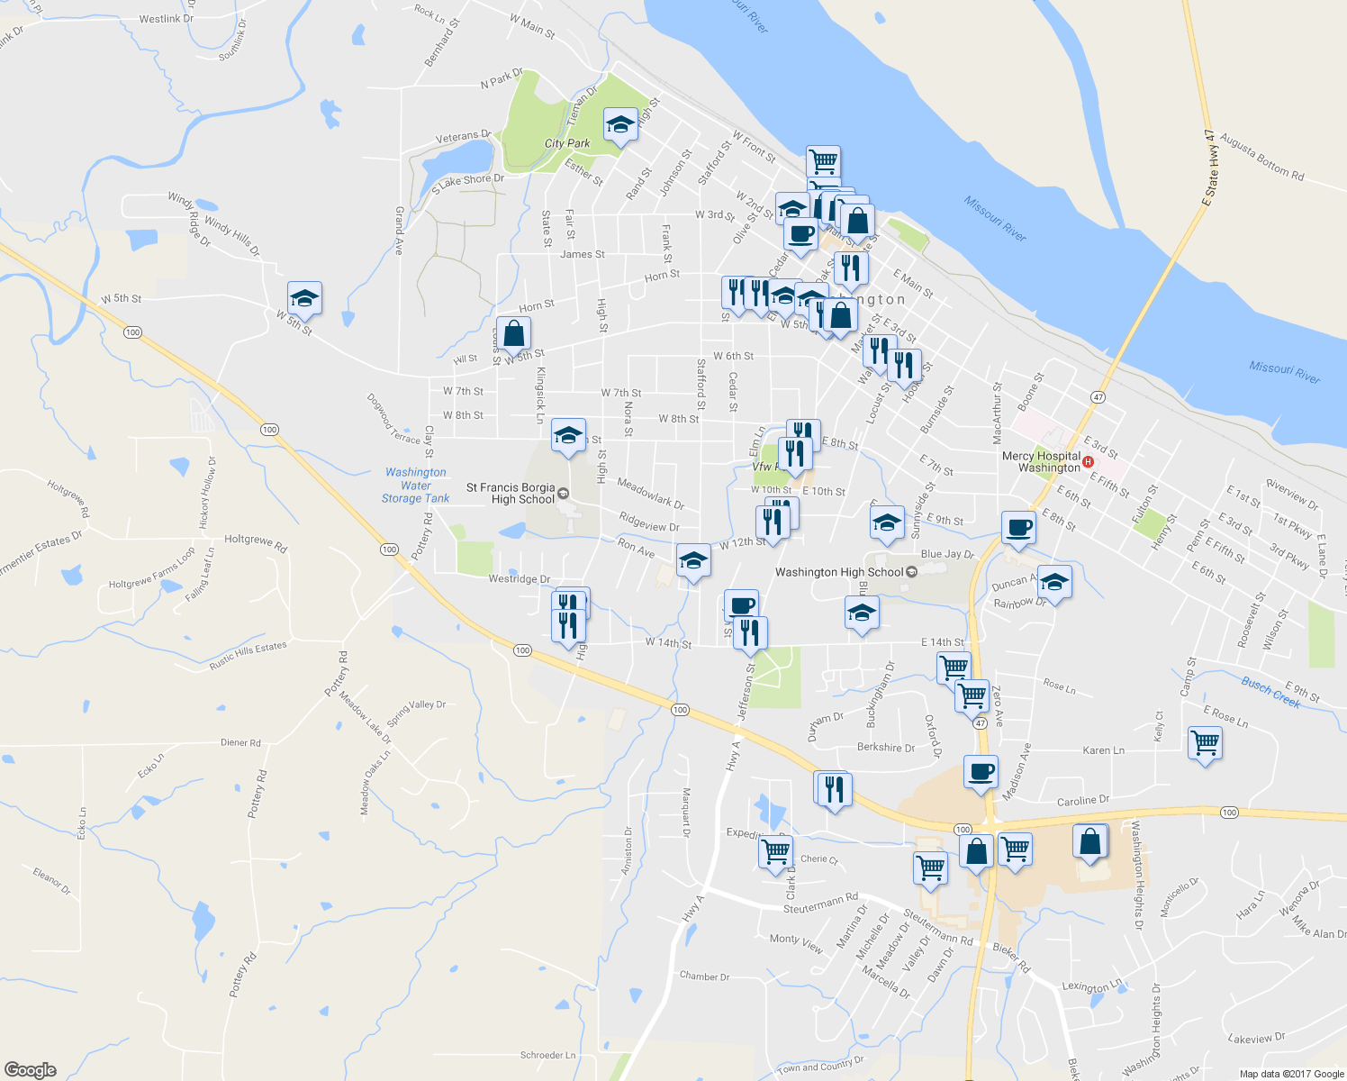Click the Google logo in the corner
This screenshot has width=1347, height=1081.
tap(31, 1069)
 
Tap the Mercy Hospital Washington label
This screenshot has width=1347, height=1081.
tap(1041, 462)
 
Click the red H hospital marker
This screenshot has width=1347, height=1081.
tap(1089, 462)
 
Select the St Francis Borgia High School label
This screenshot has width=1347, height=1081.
tap(511, 494)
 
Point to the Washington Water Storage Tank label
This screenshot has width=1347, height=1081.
tap(415, 485)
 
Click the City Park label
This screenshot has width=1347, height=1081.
tap(567, 143)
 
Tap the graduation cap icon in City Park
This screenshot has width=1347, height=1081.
tap(620, 125)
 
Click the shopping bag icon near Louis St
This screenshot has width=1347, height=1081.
tap(513, 334)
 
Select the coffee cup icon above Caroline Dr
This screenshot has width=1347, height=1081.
tap(981, 772)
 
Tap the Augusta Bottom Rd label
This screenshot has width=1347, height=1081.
tap(1262, 160)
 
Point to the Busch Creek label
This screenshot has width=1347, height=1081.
tap(1270, 692)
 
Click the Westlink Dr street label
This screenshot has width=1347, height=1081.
tap(167, 18)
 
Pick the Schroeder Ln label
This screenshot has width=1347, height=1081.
tap(547, 1055)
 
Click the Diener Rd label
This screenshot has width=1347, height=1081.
tap(240, 743)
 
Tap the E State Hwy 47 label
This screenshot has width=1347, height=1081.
tap(1210, 168)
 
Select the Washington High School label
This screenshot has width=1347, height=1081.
tap(839, 572)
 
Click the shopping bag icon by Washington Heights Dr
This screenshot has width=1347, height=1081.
tap(1089, 841)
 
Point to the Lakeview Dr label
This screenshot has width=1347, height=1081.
tap(1256, 1039)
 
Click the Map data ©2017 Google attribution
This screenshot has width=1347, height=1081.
tap(1291, 1074)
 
